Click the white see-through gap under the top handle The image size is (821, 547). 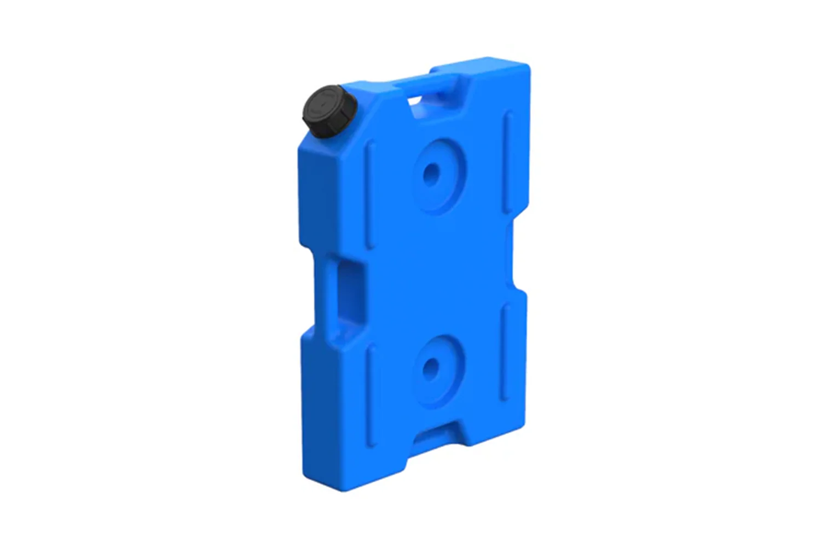[415, 100]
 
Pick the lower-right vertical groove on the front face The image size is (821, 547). [506, 350]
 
